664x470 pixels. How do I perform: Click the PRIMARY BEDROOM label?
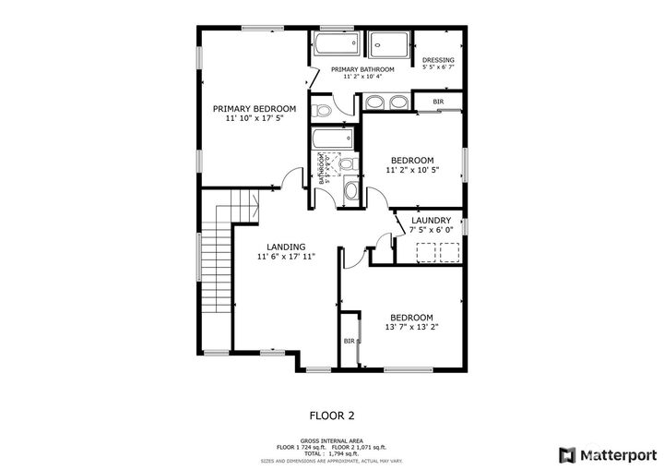[255, 108]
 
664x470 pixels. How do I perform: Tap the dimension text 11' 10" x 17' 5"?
[255, 118]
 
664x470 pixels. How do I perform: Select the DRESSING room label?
[438, 60]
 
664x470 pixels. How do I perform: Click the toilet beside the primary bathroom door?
[321, 110]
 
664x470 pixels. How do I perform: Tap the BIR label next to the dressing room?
[438, 102]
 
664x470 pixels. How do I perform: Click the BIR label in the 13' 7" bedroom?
[350, 341]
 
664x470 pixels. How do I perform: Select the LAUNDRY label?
[431, 221]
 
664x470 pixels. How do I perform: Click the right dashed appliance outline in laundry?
[449, 252]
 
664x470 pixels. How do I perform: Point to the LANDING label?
[286, 247]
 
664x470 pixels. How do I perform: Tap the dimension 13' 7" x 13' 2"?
[410, 327]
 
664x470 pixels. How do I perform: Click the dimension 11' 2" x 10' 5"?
[412, 170]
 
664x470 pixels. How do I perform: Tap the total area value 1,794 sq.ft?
[341, 453]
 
